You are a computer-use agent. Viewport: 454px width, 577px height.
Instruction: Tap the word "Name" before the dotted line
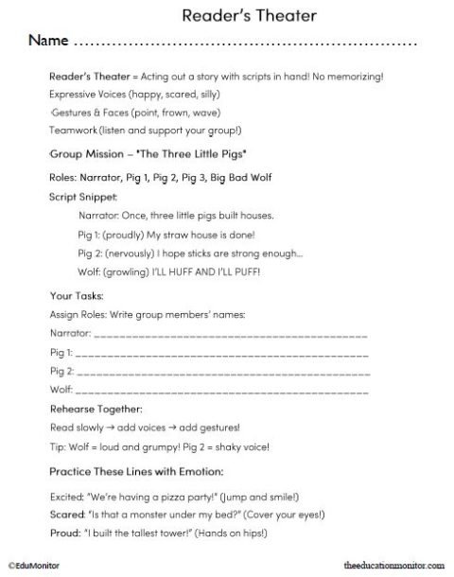pos(48,42)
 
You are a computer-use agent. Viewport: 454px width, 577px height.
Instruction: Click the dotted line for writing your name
pos(245,44)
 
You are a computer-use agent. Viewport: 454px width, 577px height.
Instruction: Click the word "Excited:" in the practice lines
pos(65,496)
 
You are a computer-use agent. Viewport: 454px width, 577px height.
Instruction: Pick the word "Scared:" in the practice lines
pos(64,515)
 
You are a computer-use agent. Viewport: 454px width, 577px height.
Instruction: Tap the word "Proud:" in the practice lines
pos(62,533)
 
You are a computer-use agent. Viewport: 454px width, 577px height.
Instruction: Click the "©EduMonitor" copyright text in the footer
pos(34,564)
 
